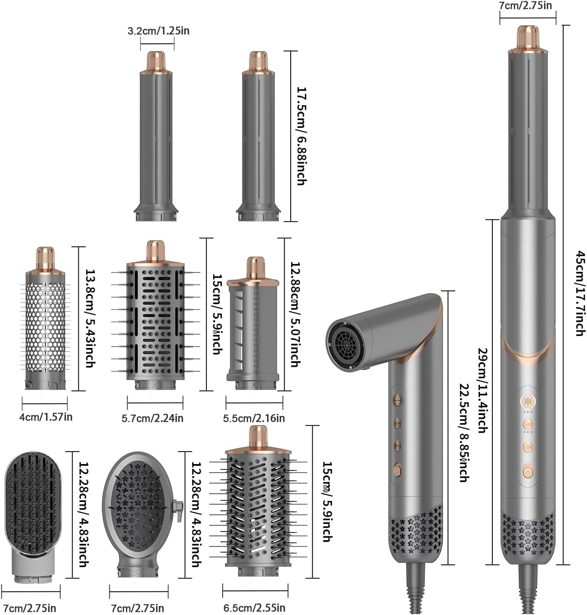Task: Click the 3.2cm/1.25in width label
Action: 158,31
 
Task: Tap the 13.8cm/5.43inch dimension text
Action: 89,318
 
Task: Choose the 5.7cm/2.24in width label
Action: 152,418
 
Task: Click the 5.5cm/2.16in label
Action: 254,418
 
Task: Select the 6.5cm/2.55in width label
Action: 254,608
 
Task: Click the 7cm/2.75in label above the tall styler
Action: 527,5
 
